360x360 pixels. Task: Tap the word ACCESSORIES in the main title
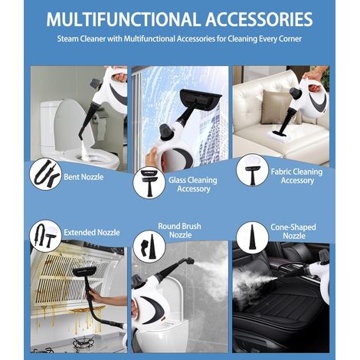coord(259,19)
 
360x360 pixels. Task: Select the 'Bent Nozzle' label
coord(83,177)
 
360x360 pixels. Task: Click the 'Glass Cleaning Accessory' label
coord(193,185)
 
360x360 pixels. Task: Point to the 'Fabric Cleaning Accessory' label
coord(296,176)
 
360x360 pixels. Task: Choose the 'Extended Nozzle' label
coord(92,232)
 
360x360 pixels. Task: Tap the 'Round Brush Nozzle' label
coord(180,231)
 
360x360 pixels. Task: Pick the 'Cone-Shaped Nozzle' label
coord(293,231)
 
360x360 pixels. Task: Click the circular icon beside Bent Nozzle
coord(45,174)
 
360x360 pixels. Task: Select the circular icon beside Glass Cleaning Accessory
coord(149,183)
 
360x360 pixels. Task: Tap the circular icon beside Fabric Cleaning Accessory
coord(252,170)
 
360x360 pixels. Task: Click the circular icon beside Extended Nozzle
coord(45,236)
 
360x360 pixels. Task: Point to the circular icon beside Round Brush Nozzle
coord(149,247)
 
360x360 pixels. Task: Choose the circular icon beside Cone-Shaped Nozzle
coord(252,237)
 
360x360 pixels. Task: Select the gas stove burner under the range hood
coord(83,343)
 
